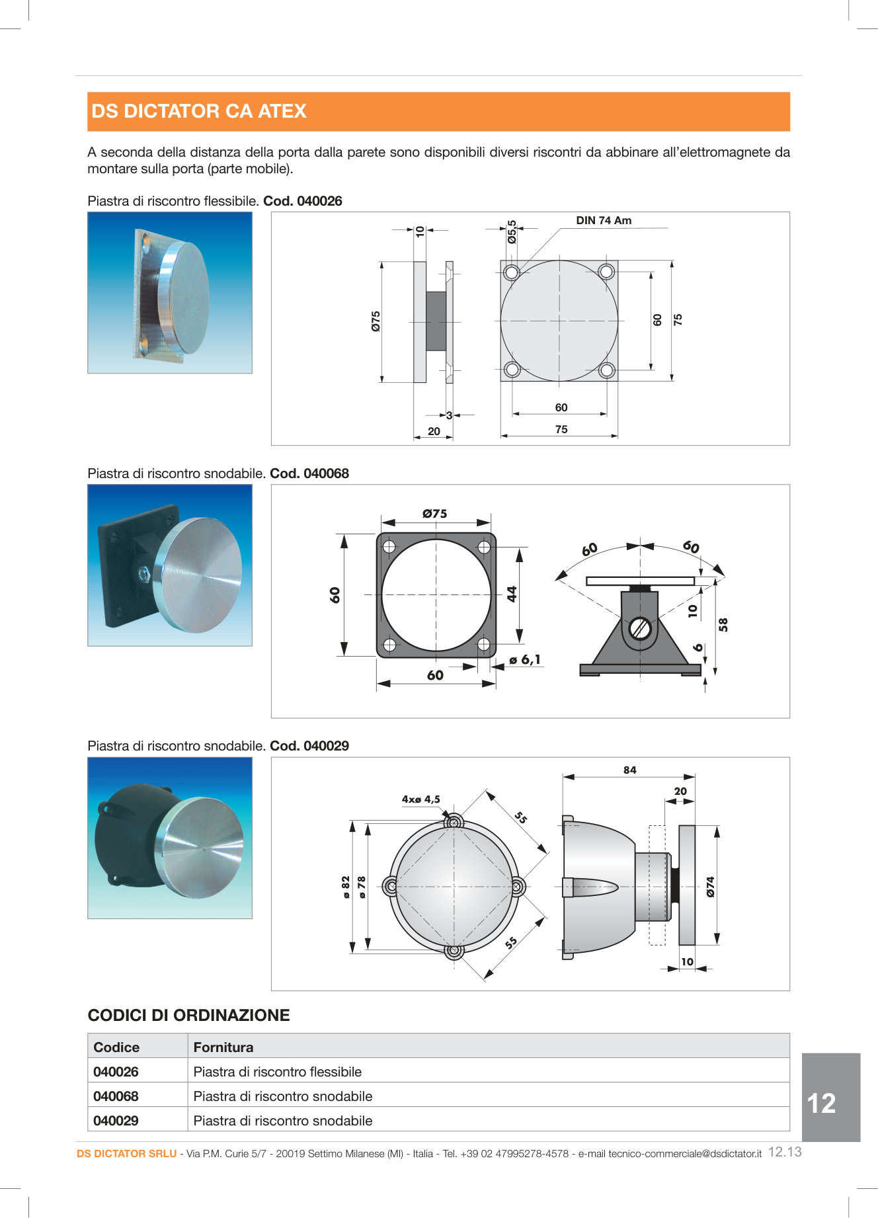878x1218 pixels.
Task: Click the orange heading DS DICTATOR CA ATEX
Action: [199, 111]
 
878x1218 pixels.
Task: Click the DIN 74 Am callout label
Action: [603, 221]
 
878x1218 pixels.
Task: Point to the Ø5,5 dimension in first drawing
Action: [512, 232]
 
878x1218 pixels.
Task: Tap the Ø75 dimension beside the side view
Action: [376, 321]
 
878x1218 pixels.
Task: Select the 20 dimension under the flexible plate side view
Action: [434, 431]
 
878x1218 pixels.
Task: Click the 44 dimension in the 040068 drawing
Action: [512, 594]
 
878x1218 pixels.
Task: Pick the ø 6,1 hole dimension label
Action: [525, 660]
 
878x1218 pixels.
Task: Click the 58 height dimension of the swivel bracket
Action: [723, 625]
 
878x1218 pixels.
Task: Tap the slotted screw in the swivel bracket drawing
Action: [640, 628]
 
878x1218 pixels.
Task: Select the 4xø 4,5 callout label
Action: [420, 799]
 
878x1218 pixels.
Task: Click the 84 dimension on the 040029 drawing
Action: [629, 770]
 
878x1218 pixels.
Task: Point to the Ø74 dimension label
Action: [711, 887]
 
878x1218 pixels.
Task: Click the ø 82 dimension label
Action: [346, 887]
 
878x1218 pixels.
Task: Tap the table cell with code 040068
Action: [116, 1096]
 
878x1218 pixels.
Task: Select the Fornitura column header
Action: [223, 1047]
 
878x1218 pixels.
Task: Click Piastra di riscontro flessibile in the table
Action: [277, 1072]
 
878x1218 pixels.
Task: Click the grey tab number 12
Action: [821, 1103]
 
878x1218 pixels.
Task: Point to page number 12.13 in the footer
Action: [784, 1152]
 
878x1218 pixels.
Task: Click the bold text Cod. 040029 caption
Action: [309, 746]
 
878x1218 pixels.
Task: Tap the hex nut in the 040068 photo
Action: [143, 573]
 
